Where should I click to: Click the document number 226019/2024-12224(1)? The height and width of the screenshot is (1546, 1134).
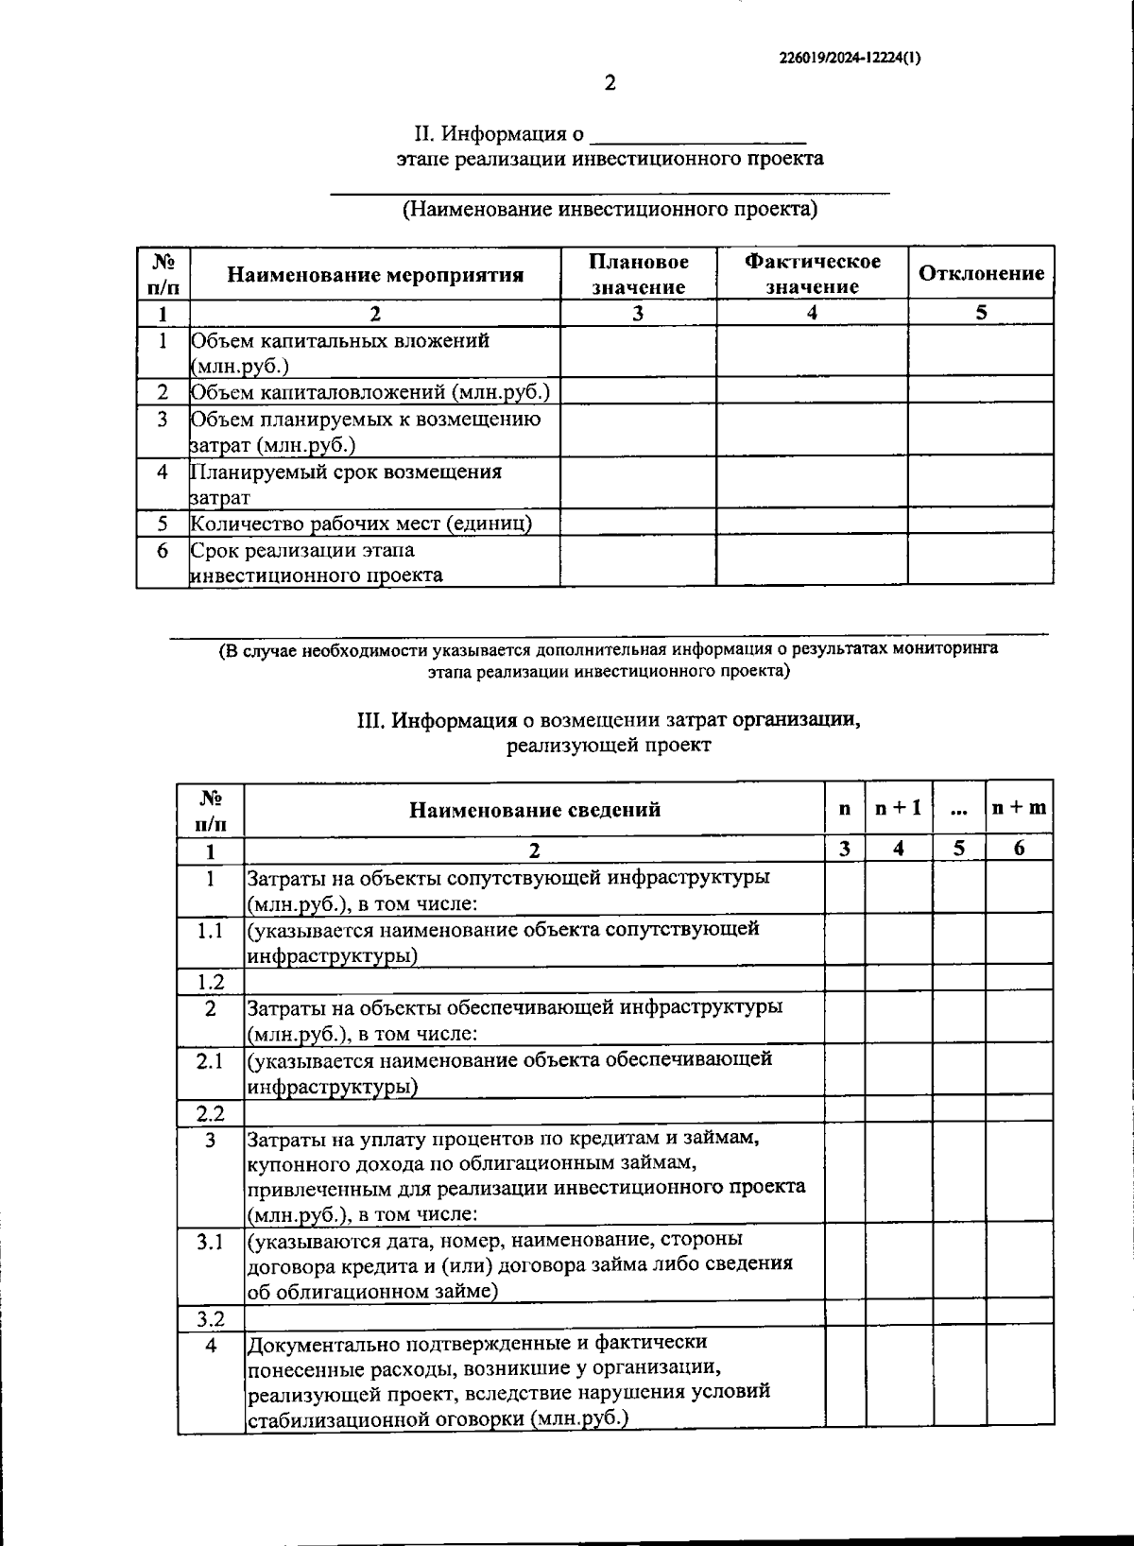click(850, 57)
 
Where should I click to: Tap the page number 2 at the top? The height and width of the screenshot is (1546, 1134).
click(610, 83)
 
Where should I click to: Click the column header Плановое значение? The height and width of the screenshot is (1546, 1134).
click(638, 274)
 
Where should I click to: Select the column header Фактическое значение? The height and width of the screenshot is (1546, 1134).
click(812, 273)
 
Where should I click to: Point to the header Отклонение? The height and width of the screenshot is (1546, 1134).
click(981, 273)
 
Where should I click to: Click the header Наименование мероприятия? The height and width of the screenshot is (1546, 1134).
click(375, 275)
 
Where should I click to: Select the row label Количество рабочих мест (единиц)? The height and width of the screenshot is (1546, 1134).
click(361, 523)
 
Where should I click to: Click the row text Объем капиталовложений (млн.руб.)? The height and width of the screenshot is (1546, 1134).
click(369, 391)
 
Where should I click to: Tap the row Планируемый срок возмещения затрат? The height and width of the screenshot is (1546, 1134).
click(346, 484)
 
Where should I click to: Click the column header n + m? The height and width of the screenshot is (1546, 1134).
click(1018, 808)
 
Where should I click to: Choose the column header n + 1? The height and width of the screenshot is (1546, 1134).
click(898, 808)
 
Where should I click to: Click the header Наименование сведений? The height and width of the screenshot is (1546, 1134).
click(534, 810)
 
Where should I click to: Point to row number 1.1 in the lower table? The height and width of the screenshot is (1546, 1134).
click(210, 931)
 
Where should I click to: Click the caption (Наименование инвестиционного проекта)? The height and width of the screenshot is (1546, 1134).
click(610, 209)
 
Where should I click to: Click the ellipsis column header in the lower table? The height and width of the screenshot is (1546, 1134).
click(958, 808)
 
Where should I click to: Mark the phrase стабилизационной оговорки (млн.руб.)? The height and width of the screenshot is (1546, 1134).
click(438, 1418)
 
